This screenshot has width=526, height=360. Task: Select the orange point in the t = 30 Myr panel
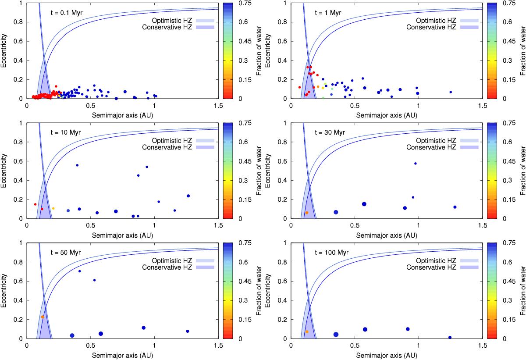pyautogui.click(x=307, y=213)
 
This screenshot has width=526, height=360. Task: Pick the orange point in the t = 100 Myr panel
pyautogui.click(x=307, y=332)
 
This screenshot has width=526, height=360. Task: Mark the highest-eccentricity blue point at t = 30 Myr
pyautogui.click(x=415, y=164)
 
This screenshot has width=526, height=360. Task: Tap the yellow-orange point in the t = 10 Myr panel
pyautogui.click(x=53, y=208)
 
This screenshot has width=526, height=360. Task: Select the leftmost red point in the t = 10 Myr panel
pyautogui.click(x=35, y=204)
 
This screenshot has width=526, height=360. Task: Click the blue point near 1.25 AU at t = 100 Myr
pyautogui.click(x=450, y=338)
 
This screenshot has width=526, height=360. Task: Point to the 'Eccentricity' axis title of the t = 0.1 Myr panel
pyautogui.click(x=5, y=50)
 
